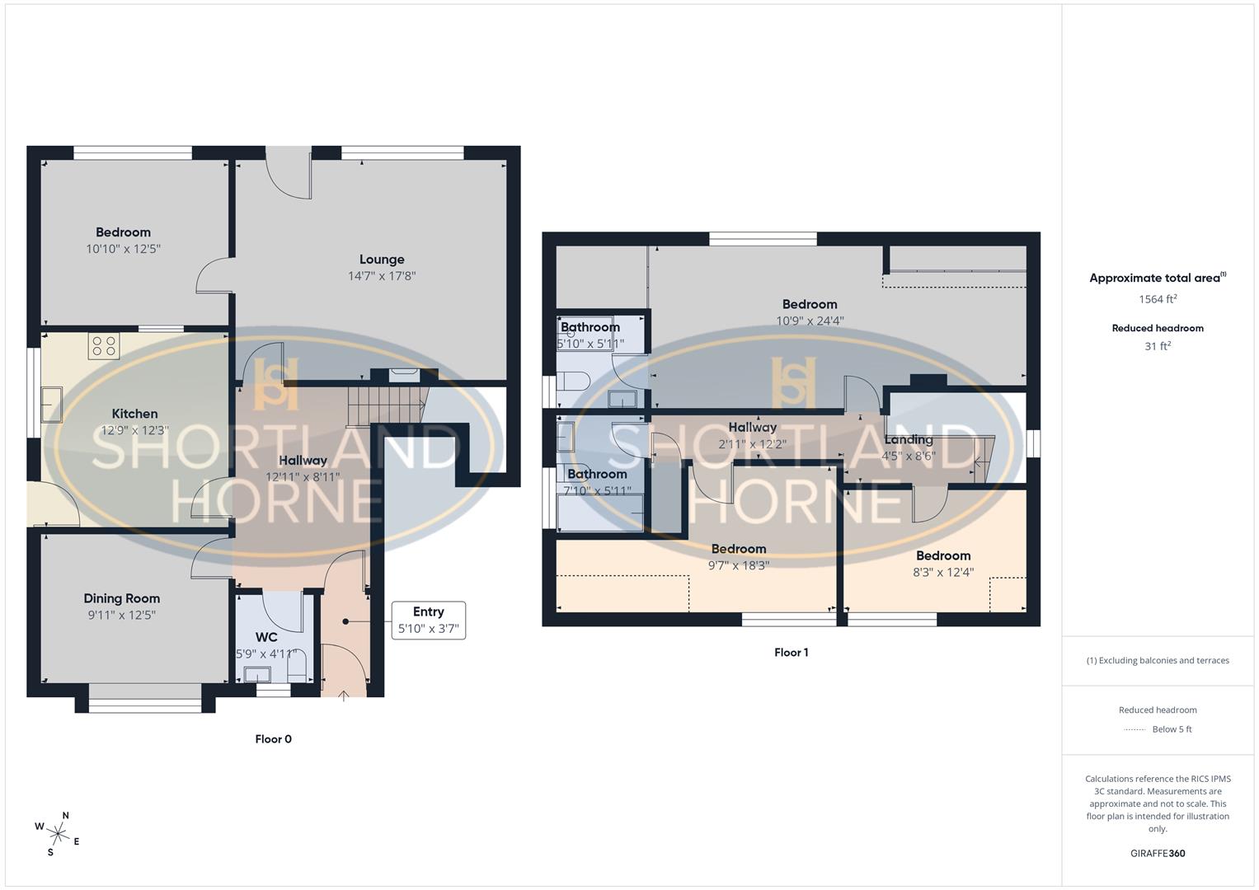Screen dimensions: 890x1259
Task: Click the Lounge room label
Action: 382,260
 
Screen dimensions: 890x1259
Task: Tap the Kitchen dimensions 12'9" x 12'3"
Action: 134,430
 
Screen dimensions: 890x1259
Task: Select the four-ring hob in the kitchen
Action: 104,346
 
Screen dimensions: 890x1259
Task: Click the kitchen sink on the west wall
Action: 51,404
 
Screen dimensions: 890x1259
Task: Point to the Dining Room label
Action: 121,599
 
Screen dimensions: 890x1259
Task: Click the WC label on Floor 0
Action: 266,637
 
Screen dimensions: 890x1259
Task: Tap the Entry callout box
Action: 428,620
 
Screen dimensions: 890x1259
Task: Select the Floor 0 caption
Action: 273,739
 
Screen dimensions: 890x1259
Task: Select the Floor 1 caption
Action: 791,653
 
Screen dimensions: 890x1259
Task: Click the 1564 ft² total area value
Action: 1158,299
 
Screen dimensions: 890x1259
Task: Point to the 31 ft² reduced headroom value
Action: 1158,346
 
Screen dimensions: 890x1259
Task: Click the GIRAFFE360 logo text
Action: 1158,853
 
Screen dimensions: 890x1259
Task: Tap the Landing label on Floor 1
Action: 908,440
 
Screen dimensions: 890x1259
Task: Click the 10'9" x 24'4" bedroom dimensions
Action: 810,321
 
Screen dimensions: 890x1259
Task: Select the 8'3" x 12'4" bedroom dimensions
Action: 942,572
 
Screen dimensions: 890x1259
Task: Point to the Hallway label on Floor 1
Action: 752,428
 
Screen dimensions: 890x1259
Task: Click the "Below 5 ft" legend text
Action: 1172,729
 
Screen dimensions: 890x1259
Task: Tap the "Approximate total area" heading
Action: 1154,279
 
